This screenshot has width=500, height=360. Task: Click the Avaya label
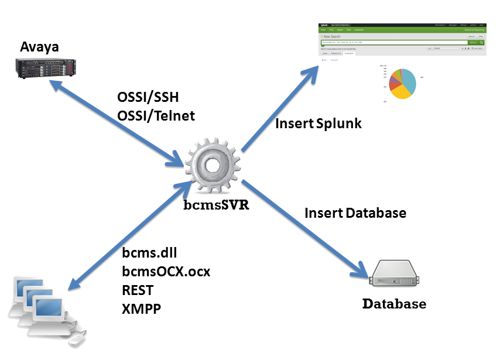[40, 47]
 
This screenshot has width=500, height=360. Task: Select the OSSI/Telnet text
[156, 115]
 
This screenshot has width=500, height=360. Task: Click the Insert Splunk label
[319, 124]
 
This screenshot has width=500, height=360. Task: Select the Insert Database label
[355, 212]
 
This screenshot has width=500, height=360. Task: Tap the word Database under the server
[394, 304]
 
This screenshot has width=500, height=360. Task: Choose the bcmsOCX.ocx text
[166, 272]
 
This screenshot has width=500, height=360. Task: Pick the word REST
[138, 290]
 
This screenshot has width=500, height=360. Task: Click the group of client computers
[44, 307]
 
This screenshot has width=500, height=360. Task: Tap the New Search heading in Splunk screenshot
[334, 36]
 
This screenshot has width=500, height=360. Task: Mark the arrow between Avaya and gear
[117, 122]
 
